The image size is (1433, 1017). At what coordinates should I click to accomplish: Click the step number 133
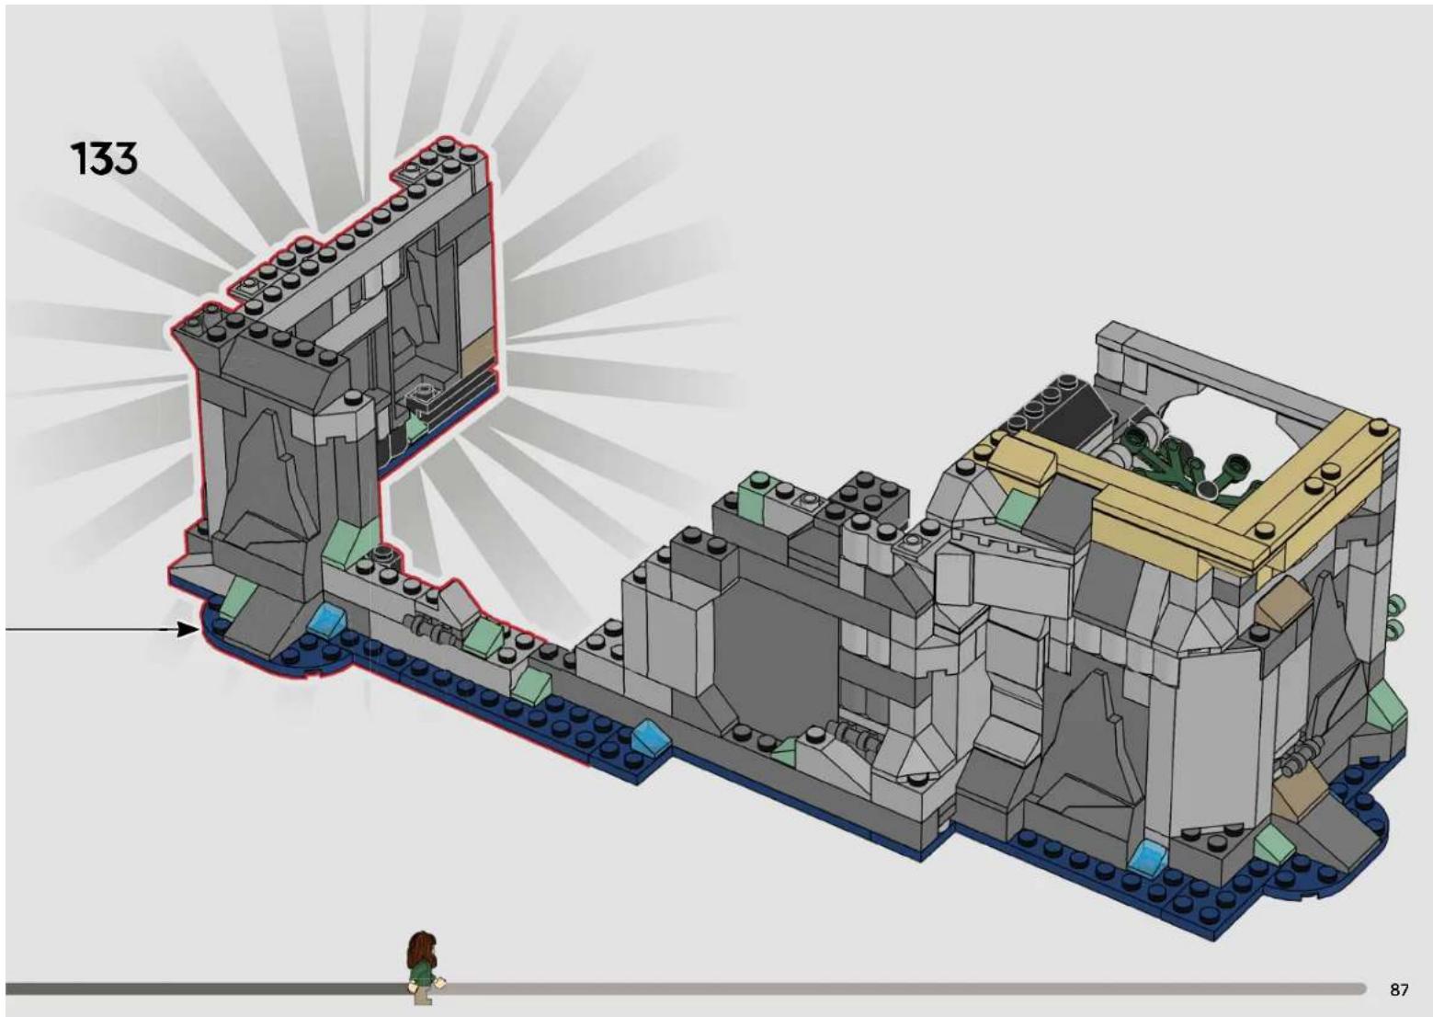click(104, 159)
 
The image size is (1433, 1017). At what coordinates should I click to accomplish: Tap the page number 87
click(1399, 989)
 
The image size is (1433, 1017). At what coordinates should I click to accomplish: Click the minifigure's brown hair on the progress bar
click(420, 948)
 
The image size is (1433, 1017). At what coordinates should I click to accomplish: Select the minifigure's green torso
click(423, 977)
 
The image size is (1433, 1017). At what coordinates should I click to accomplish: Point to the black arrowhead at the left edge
click(187, 630)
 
